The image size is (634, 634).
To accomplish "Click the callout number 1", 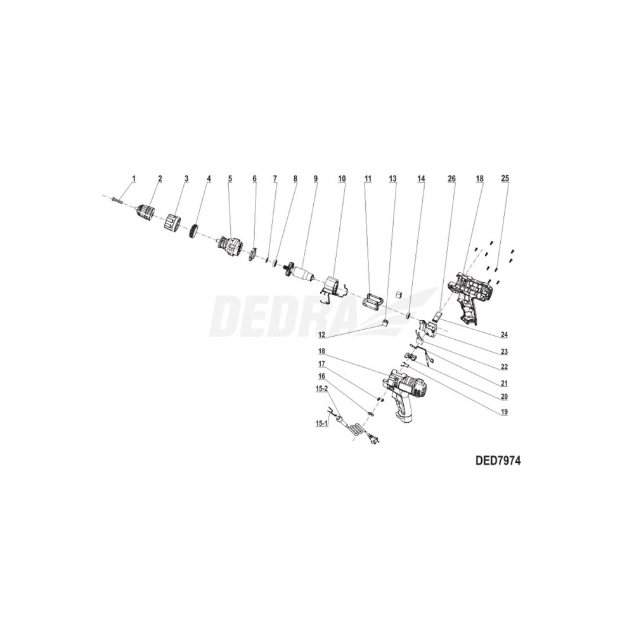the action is (134, 178).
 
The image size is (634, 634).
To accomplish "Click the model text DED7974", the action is (499, 461).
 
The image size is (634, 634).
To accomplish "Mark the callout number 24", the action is (504, 335).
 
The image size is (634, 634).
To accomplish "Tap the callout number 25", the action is (505, 178).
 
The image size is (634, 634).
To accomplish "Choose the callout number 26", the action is (451, 178).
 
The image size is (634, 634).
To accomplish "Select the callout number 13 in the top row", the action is (392, 178).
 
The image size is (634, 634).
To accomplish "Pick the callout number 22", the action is (504, 367).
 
